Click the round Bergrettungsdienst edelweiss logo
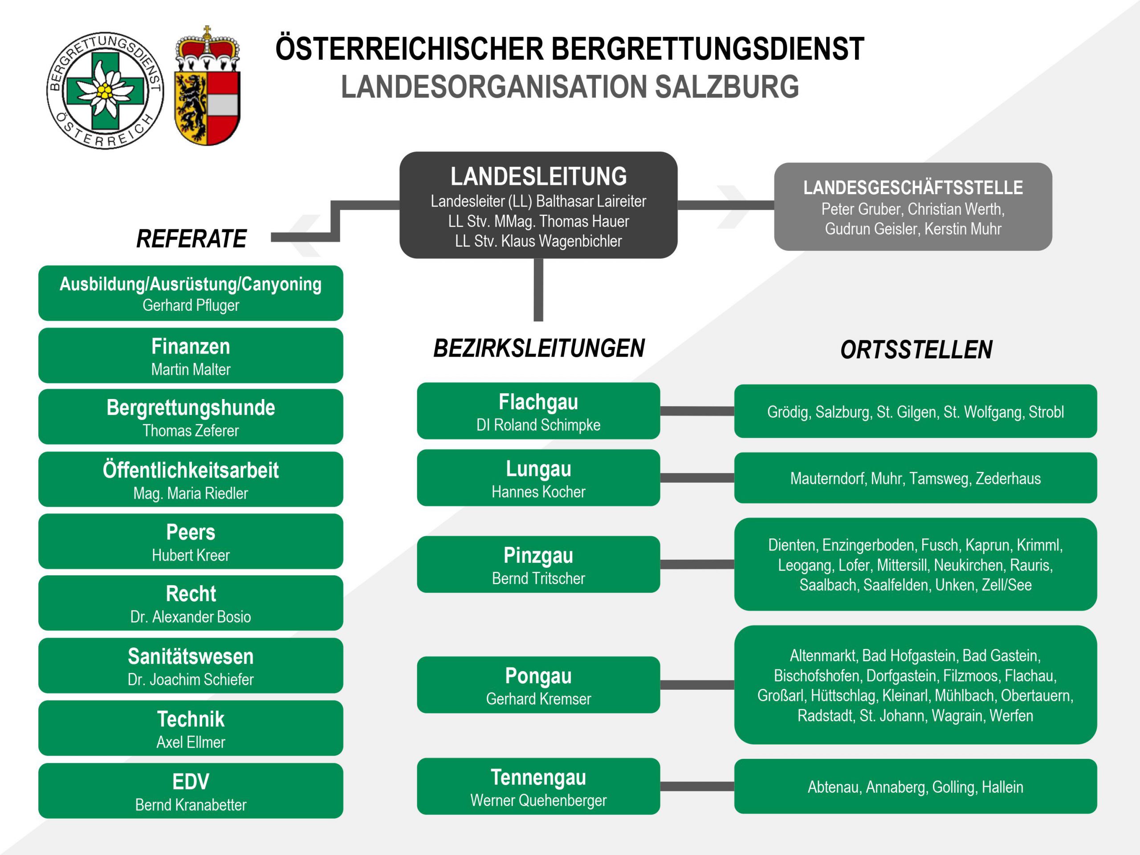pos(105,90)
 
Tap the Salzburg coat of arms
pos(208,85)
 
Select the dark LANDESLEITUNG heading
pos(538,176)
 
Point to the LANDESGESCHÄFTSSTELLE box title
pos(913,187)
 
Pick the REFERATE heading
pos(191,239)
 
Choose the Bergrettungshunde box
pos(191,417)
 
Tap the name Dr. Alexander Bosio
pos(191,617)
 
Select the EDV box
pos(191,790)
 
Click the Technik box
pos(191,728)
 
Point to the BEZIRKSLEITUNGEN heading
pos(538,348)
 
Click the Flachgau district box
pos(538,411)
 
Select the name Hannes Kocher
pos(538,492)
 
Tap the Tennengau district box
pos(538,786)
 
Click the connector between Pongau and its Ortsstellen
pos(697,685)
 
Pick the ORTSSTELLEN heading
pos(916,350)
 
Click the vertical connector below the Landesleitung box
pos(538,289)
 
